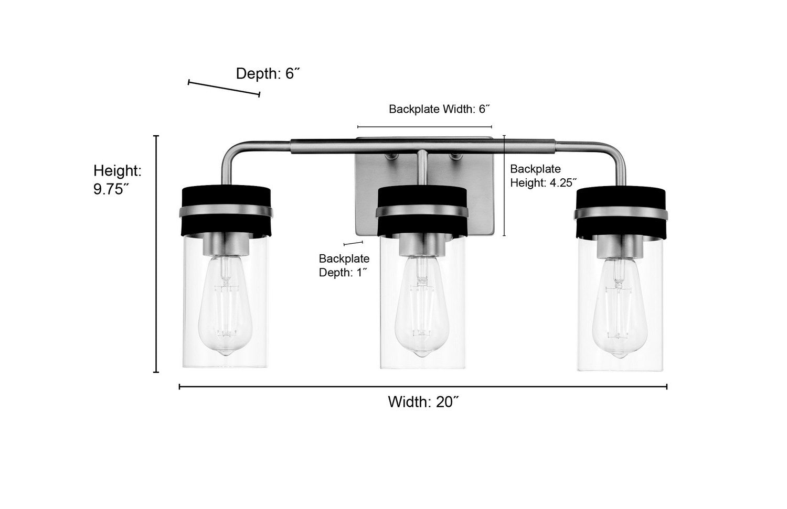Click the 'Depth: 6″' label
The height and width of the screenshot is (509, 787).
pyautogui.click(x=268, y=73)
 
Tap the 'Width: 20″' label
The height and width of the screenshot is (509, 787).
pyautogui.click(x=423, y=402)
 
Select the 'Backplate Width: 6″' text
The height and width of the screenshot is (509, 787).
pyautogui.click(x=439, y=109)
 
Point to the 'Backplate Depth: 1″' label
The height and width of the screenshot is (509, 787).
pyautogui.click(x=344, y=265)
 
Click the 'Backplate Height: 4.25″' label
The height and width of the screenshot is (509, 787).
pyautogui.click(x=544, y=176)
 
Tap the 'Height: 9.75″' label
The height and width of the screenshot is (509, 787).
pyautogui.click(x=118, y=180)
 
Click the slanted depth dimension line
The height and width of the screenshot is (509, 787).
pyautogui.click(x=224, y=88)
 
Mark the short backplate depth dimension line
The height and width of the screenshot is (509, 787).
pyautogui.click(x=353, y=243)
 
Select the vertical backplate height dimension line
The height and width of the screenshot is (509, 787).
pyautogui.click(x=504, y=186)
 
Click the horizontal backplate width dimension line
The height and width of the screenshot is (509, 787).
pyautogui.click(x=424, y=127)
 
